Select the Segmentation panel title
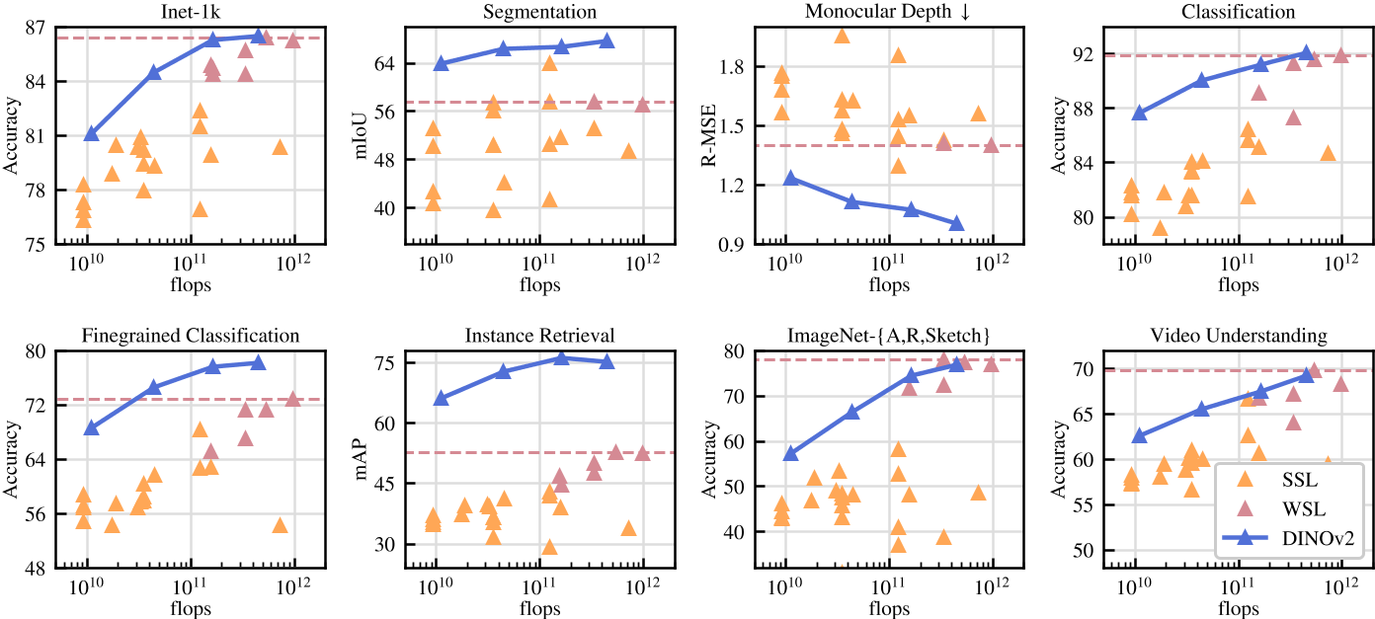(x=539, y=12)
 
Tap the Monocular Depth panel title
(x=888, y=12)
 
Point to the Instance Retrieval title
(x=539, y=336)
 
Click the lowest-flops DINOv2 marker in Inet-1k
(x=92, y=133)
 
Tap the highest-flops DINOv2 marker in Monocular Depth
(x=955, y=223)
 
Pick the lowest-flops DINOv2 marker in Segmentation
(x=441, y=63)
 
